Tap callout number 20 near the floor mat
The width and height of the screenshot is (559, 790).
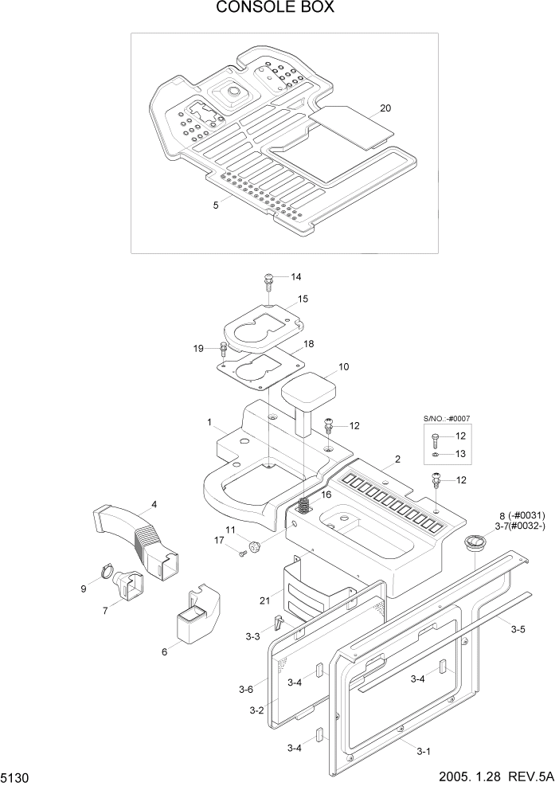tap(385, 108)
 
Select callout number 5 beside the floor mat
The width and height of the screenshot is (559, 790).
tap(216, 205)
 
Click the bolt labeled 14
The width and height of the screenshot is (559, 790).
tap(268, 279)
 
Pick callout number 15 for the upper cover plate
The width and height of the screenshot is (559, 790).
tap(303, 299)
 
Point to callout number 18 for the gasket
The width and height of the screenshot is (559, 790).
tap(309, 343)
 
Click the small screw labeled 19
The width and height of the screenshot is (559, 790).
tap(223, 347)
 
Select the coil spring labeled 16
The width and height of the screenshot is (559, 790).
tap(303, 506)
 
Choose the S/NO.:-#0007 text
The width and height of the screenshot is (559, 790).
tap(446, 417)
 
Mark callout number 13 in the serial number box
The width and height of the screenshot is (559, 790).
tap(461, 453)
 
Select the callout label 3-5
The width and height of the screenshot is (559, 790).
tap(518, 629)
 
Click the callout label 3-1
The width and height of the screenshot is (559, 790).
tap(424, 751)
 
